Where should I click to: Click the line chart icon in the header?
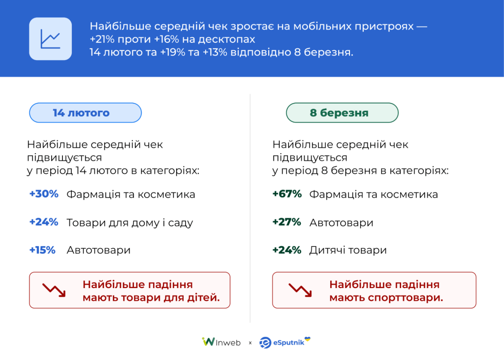click(x=50, y=39)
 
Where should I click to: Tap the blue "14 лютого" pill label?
click(x=85, y=113)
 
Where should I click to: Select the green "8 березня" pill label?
click(x=342, y=113)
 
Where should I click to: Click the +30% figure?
click(x=44, y=194)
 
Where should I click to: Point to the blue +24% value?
click(x=44, y=222)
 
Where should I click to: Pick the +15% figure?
click(x=42, y=250)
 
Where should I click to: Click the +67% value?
click(x=287, y=194)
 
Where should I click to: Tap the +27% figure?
click(x=286, y=222)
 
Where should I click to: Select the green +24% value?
click(x=286, y=250)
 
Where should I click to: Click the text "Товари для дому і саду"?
click(x=130, y=223)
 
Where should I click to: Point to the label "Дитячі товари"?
click(x=348, y=250)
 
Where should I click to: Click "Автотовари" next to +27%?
click(x=341, y=223)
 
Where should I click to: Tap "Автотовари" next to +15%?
click(x=98, y=250)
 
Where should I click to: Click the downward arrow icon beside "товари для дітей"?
click(x=54, y=290)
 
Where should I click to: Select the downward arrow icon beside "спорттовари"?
click(x=299, y=290)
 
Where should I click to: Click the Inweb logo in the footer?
click(x=221, y=342)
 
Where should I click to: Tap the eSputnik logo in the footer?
click(x=285, y=342)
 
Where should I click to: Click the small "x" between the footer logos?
click(x=250, y=343)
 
